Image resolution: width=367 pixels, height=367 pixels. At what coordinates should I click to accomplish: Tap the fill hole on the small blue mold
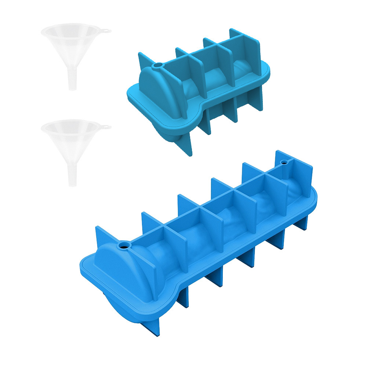click(158, 65)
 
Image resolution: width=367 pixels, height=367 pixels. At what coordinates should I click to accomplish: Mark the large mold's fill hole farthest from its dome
click(283, 161)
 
